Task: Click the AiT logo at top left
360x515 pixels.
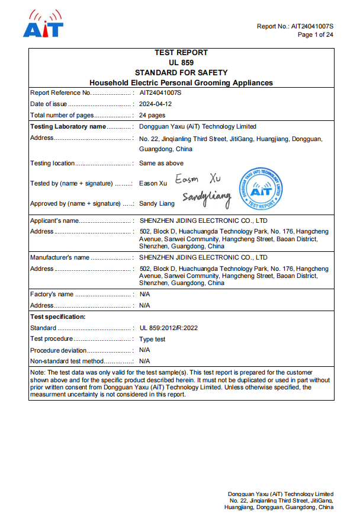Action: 43,24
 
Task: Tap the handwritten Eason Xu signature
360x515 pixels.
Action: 197,179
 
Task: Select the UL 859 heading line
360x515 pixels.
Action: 181,62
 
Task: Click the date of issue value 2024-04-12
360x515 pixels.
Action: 156,104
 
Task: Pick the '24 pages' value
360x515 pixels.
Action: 152,115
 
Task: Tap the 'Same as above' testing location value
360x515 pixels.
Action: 161,163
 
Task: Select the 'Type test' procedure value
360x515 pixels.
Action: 152,339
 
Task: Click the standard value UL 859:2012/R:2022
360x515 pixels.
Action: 168,328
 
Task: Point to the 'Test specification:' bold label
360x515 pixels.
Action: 58,316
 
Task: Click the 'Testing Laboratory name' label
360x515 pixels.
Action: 67,126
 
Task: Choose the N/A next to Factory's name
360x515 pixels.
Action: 144,294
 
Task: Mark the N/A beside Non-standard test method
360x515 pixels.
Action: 144,361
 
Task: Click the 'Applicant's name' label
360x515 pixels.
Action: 54,220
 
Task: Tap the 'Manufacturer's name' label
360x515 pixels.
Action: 60,257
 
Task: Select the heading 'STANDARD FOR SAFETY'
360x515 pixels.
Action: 181,72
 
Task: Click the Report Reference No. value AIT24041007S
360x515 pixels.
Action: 160,93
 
